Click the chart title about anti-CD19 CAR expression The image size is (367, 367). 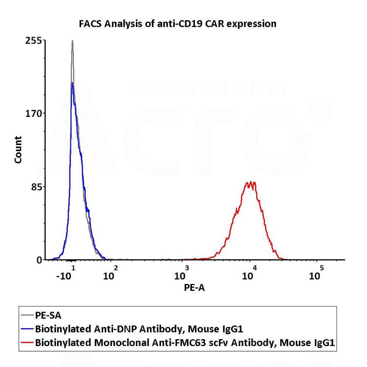(x=178, y=24)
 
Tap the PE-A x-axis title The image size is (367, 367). (x=194, y=288)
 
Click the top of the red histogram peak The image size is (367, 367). (x=251, y=182)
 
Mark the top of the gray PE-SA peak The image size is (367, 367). (x=72, y=41)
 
